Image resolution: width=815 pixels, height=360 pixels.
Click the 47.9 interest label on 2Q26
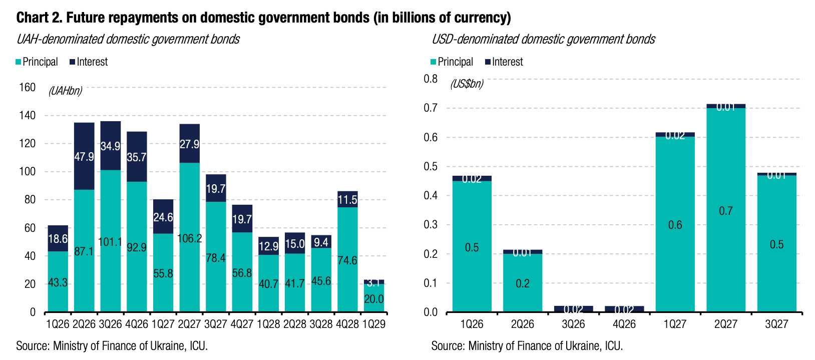click(x=84, y=157)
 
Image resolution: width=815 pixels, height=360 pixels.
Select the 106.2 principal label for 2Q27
click(x=190, y=238)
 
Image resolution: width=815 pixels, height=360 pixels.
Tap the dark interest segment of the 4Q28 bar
click(x=347, y=200)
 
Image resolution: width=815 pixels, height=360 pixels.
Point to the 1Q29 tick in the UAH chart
click(x=373, y=324)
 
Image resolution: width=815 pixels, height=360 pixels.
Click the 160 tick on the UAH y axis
click(x=27, y=88)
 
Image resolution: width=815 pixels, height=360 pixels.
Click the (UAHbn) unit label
click(x=65, y=91)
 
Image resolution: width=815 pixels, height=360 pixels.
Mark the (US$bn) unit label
click(x=467, y=84)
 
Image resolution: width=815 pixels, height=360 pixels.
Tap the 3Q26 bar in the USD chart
click(x=573, y=309)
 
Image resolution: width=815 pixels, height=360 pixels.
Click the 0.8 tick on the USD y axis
click(x=431, y=79)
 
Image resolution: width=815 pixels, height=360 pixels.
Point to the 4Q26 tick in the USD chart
click(x=624, y=324)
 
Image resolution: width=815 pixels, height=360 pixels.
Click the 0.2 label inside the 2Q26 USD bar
click(x=522, y=283)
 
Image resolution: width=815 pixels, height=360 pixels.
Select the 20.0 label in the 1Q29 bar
click(x=373, y=299)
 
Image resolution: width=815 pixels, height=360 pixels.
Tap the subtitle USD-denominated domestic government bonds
click(x=543, y=39)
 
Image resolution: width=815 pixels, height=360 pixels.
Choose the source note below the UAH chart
click(x=112, y=346)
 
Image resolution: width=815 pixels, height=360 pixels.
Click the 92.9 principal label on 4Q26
click(x=137, y=247)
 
